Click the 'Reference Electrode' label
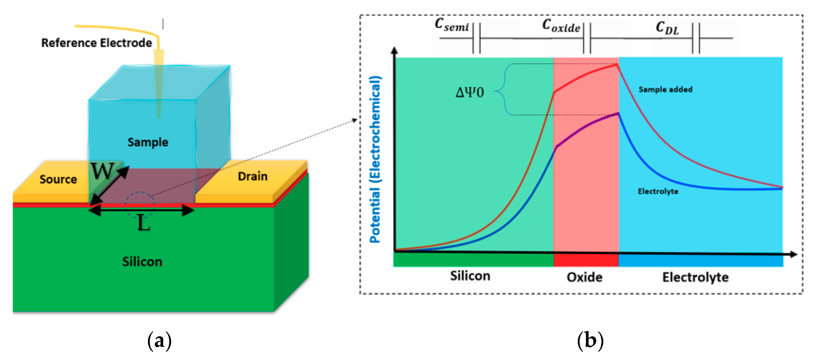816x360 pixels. click(x=96, y=43)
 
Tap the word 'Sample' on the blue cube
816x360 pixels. click(x=148, y=142)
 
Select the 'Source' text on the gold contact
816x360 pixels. click(x=58, y=179)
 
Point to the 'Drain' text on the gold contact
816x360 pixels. click(x=252, y=176)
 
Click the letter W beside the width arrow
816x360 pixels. click(x=102, y=171)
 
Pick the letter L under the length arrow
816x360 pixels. click(x=143, y=223)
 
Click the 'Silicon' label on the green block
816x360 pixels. click(x=142, y=262)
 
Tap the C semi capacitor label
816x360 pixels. click(x=452, y=25)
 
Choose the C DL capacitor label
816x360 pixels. click(x=667, y=28)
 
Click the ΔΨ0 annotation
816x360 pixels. click(x=469, y=92)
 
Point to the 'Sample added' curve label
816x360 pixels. click(x=665, y=89)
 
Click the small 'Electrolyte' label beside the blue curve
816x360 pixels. click(x=658, y=191)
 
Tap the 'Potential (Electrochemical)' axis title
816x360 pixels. click(x=375, y=159)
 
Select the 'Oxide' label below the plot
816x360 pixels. click(x=584, y=277)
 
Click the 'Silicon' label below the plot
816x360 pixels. click(x=470, y=276)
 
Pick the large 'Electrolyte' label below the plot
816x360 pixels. click(x=695, y=277)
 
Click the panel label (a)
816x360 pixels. click(x=159, y=341)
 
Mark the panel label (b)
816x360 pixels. click(x=590, y=341)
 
